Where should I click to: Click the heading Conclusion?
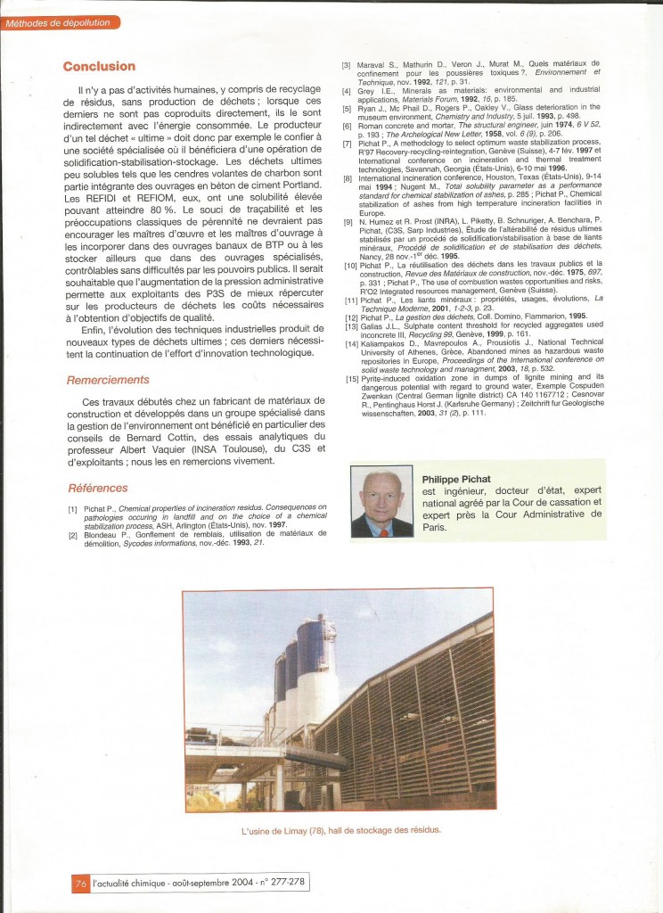click(x=99, y=66)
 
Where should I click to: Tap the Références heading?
click(x=98, y=488)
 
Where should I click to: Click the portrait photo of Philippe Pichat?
click(x=381, y=504)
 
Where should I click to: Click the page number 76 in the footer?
click(x=80, y=884)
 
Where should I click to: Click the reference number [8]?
click(x=348, y=179)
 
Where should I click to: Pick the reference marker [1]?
click(x=72, y=508)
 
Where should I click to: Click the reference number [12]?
click(x=351, y=317)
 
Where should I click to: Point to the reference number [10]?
click(x=351, y=264)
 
